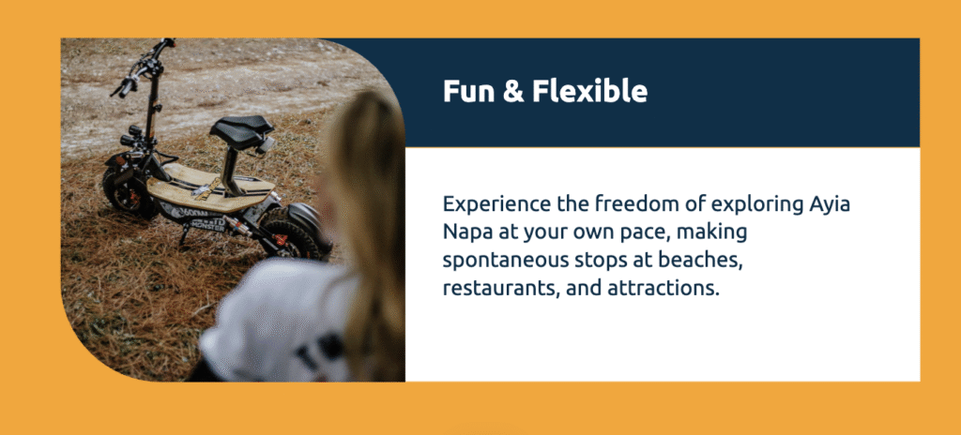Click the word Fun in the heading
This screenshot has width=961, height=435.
pos(465,91)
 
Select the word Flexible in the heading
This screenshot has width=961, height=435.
pos(589,91)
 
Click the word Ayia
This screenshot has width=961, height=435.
pos(827,206)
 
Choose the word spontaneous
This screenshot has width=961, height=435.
pos(504,262)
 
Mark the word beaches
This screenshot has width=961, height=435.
pos(701,261)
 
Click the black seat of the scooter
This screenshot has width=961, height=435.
pos(241,129)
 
